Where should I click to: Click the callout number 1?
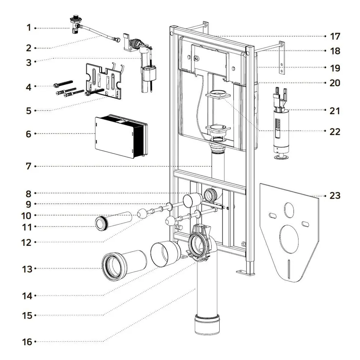tap(29, 27)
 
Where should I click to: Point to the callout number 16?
tap(27, 342)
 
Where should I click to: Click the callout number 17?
tap(335, 36)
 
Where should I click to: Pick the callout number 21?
tap(335, 111)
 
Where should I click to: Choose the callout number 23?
tap(335, 196)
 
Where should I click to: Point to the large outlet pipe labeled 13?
tap(124, 265)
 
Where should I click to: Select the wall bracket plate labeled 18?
tap(282, 58)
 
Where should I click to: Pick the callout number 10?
tap(27, 216)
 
